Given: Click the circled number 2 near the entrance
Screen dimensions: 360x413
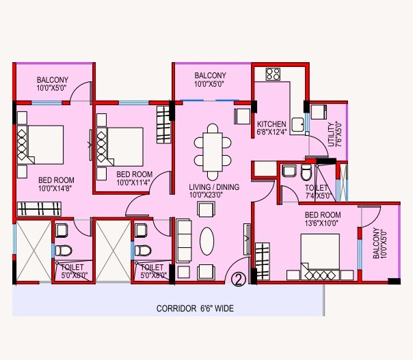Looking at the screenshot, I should pos(239,279).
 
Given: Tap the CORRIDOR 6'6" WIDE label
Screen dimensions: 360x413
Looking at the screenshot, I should pos(195,309).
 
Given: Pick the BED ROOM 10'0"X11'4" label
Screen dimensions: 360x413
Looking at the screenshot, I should pos(134,178).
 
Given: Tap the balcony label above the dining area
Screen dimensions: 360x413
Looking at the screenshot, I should pos(211,80).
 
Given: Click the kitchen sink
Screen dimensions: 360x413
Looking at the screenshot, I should pos(298,124).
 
